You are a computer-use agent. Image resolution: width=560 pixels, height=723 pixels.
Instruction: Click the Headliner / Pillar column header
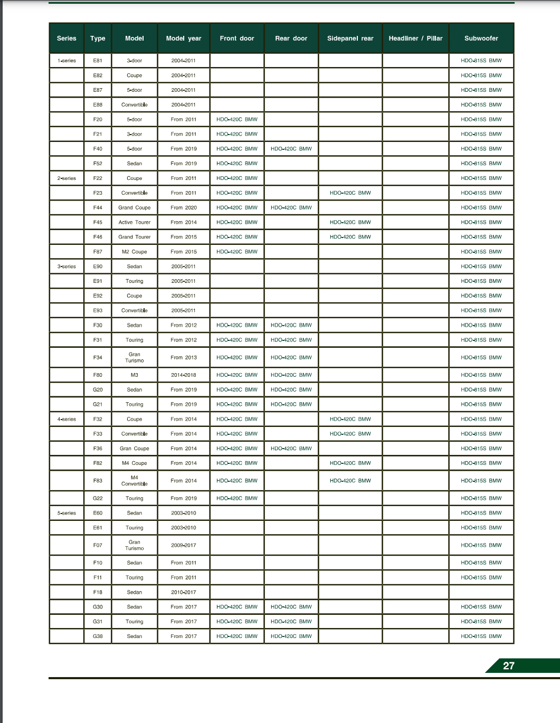415,39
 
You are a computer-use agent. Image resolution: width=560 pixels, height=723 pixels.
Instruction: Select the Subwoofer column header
481,39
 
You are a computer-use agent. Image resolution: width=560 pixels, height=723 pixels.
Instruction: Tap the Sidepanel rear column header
350,39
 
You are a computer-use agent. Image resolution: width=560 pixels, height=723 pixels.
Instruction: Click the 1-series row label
67,61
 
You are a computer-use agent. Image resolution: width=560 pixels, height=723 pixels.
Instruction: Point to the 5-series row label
67,513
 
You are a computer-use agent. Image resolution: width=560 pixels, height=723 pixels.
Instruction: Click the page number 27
509,666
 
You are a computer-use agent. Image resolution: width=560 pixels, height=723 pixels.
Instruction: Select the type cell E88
98,105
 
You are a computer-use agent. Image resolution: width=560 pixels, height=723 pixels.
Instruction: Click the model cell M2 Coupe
134,252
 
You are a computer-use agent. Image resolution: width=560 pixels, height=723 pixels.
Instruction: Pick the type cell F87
98,252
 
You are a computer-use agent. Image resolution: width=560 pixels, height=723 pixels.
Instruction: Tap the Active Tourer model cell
134,222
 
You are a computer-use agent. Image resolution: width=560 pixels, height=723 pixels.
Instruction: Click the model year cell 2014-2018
183,375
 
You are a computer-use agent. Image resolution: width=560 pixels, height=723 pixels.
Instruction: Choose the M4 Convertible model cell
134,481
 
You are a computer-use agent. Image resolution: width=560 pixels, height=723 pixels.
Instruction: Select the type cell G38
98,636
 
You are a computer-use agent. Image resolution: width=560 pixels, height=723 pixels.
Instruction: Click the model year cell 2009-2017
183,545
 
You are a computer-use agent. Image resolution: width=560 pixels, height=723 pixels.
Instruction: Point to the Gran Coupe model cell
134,449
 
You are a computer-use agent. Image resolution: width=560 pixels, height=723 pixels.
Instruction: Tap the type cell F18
98,592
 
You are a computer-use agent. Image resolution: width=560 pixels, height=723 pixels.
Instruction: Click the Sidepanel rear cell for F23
350,193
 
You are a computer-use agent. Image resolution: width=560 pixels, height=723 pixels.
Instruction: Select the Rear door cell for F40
291,149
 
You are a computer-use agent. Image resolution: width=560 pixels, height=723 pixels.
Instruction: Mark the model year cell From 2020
183,208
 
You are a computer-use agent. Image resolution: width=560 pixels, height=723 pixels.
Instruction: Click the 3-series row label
67,267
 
